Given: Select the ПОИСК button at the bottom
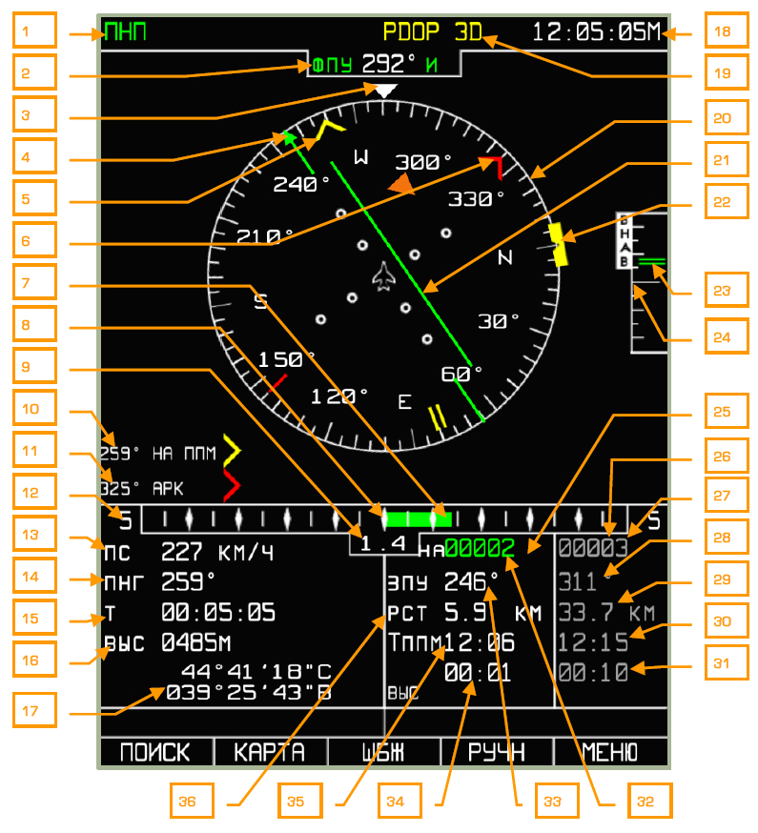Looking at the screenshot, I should (x=155, y=752).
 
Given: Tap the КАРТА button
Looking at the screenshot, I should (x=270, y=752).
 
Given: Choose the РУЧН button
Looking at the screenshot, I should (x=497, y=752).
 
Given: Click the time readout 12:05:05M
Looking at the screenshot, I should (x=595, y=31).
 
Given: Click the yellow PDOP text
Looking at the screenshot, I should (x=411, y=31).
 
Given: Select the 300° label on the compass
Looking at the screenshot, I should (x=423, y=160).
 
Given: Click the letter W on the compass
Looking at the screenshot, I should (x=360, y=156).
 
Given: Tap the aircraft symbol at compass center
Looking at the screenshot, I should (x=384, y=276).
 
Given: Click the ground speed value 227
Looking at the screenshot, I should (x=181, y=552).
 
